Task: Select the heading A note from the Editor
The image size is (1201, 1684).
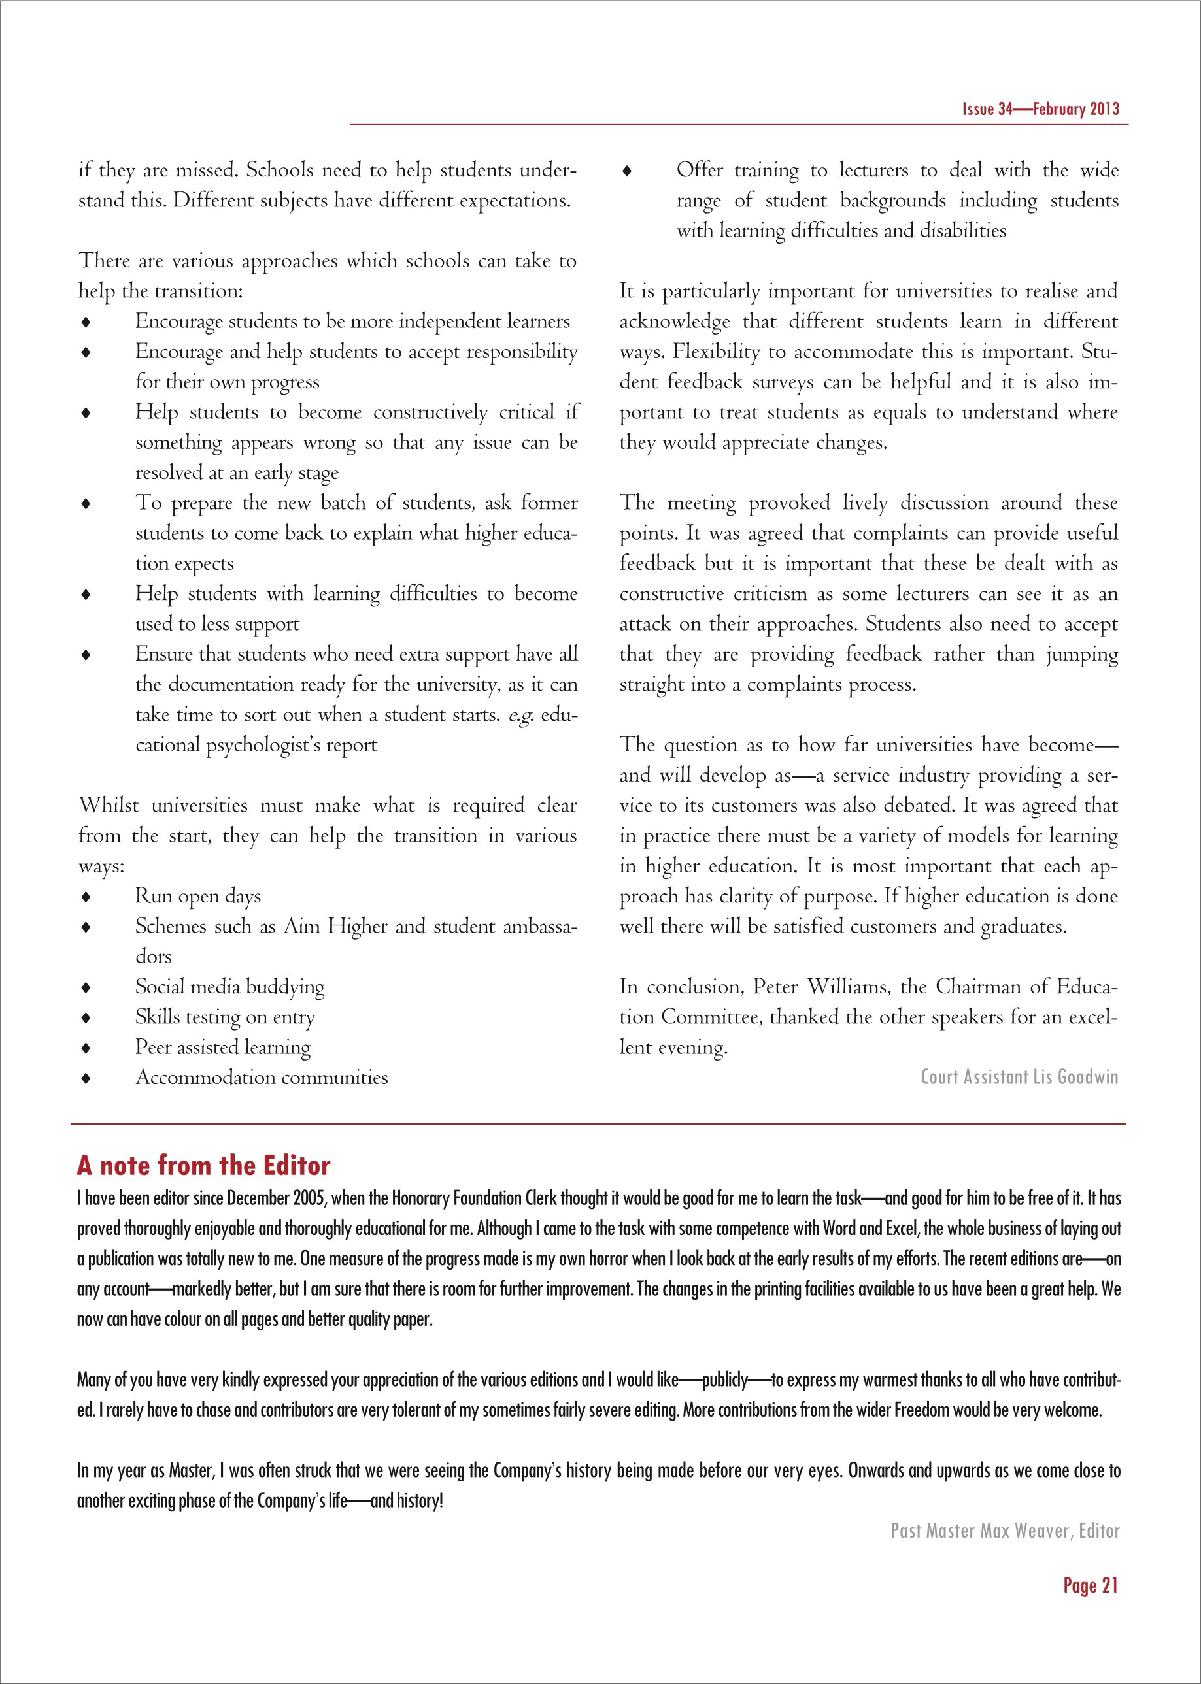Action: [x=203, y=1166]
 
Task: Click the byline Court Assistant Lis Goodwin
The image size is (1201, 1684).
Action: [x=1019, y=1077]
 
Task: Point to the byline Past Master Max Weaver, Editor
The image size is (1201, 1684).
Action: [x=1004, y=1530]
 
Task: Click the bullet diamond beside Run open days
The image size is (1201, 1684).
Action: [x=86, y=897]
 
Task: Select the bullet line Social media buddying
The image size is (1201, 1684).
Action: [x=229, y=987]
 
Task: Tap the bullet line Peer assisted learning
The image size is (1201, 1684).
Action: [x=222, y=1048]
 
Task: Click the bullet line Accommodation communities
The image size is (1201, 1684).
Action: [x=261, y=1078]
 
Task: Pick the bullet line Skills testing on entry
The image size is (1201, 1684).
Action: [x=225, y=1017]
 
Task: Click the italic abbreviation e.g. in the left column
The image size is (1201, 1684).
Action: [x=520, y=716]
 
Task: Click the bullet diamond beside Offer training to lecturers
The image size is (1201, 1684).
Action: [x=627, y=171]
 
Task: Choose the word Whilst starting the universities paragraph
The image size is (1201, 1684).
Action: [x=109, y=805]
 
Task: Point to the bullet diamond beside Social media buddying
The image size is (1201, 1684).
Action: [x=86, y=987]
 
